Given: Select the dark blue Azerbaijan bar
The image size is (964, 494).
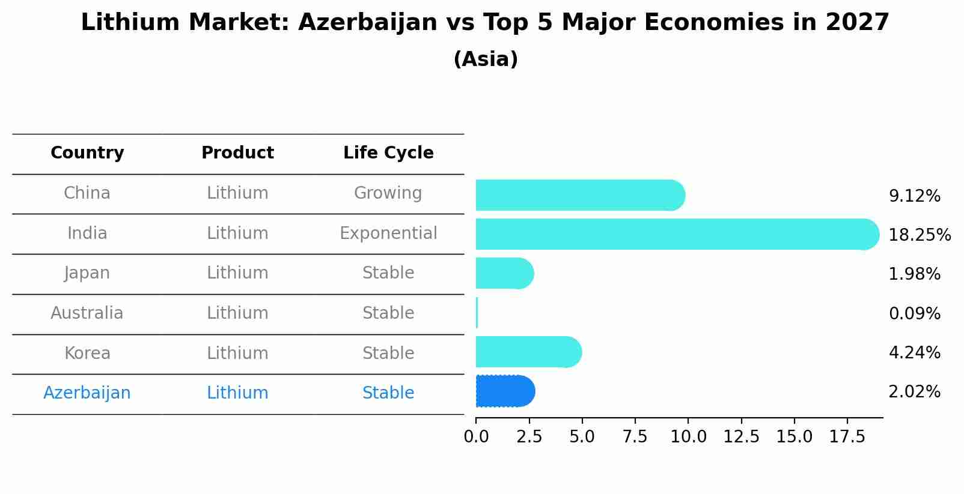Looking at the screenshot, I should point(505,391).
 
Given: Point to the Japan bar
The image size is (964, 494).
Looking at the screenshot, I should point(504,273).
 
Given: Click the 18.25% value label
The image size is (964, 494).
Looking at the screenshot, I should point(919,235).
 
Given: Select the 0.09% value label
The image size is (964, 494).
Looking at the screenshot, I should point(914,313).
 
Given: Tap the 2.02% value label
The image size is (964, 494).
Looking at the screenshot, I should point(914,392).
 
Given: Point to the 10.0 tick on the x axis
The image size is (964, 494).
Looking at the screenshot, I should point(688,437).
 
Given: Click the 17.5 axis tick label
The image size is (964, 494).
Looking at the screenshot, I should point(847,437).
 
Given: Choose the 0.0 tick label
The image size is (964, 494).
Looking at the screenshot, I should point(476,437).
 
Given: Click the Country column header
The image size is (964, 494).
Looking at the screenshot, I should point(87,153).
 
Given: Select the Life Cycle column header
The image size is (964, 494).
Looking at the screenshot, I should point(388,153).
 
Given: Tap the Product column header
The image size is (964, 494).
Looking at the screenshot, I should point(237,153).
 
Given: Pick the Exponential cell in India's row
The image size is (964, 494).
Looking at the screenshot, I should point(388,233).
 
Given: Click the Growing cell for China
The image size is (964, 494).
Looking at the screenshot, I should point(388,193).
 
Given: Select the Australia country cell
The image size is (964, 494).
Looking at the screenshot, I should point(87,313).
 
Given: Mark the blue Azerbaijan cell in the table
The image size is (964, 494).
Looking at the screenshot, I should point(87,393).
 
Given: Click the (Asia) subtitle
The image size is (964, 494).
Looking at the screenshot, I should point(486,59).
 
